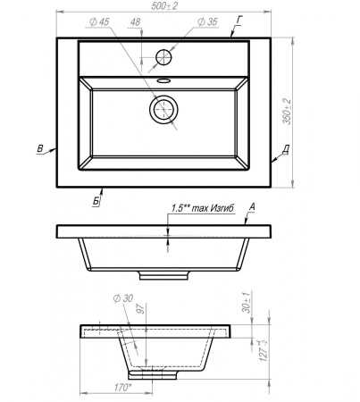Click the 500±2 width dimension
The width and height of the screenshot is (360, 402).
coord(164,5)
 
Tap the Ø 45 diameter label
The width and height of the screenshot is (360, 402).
coord(99,21)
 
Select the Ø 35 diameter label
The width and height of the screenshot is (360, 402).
coord(208,21)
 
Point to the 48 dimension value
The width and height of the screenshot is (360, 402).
coord(135,22)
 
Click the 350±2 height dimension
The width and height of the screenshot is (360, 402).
coord(287,112)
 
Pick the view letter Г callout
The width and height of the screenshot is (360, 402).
coord(239,21)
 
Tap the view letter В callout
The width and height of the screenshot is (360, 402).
coord(40,148)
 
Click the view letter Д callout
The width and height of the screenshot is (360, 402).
coord(286,148)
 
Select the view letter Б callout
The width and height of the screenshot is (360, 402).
coord(96,201)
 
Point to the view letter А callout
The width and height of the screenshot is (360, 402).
coord(252,206)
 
